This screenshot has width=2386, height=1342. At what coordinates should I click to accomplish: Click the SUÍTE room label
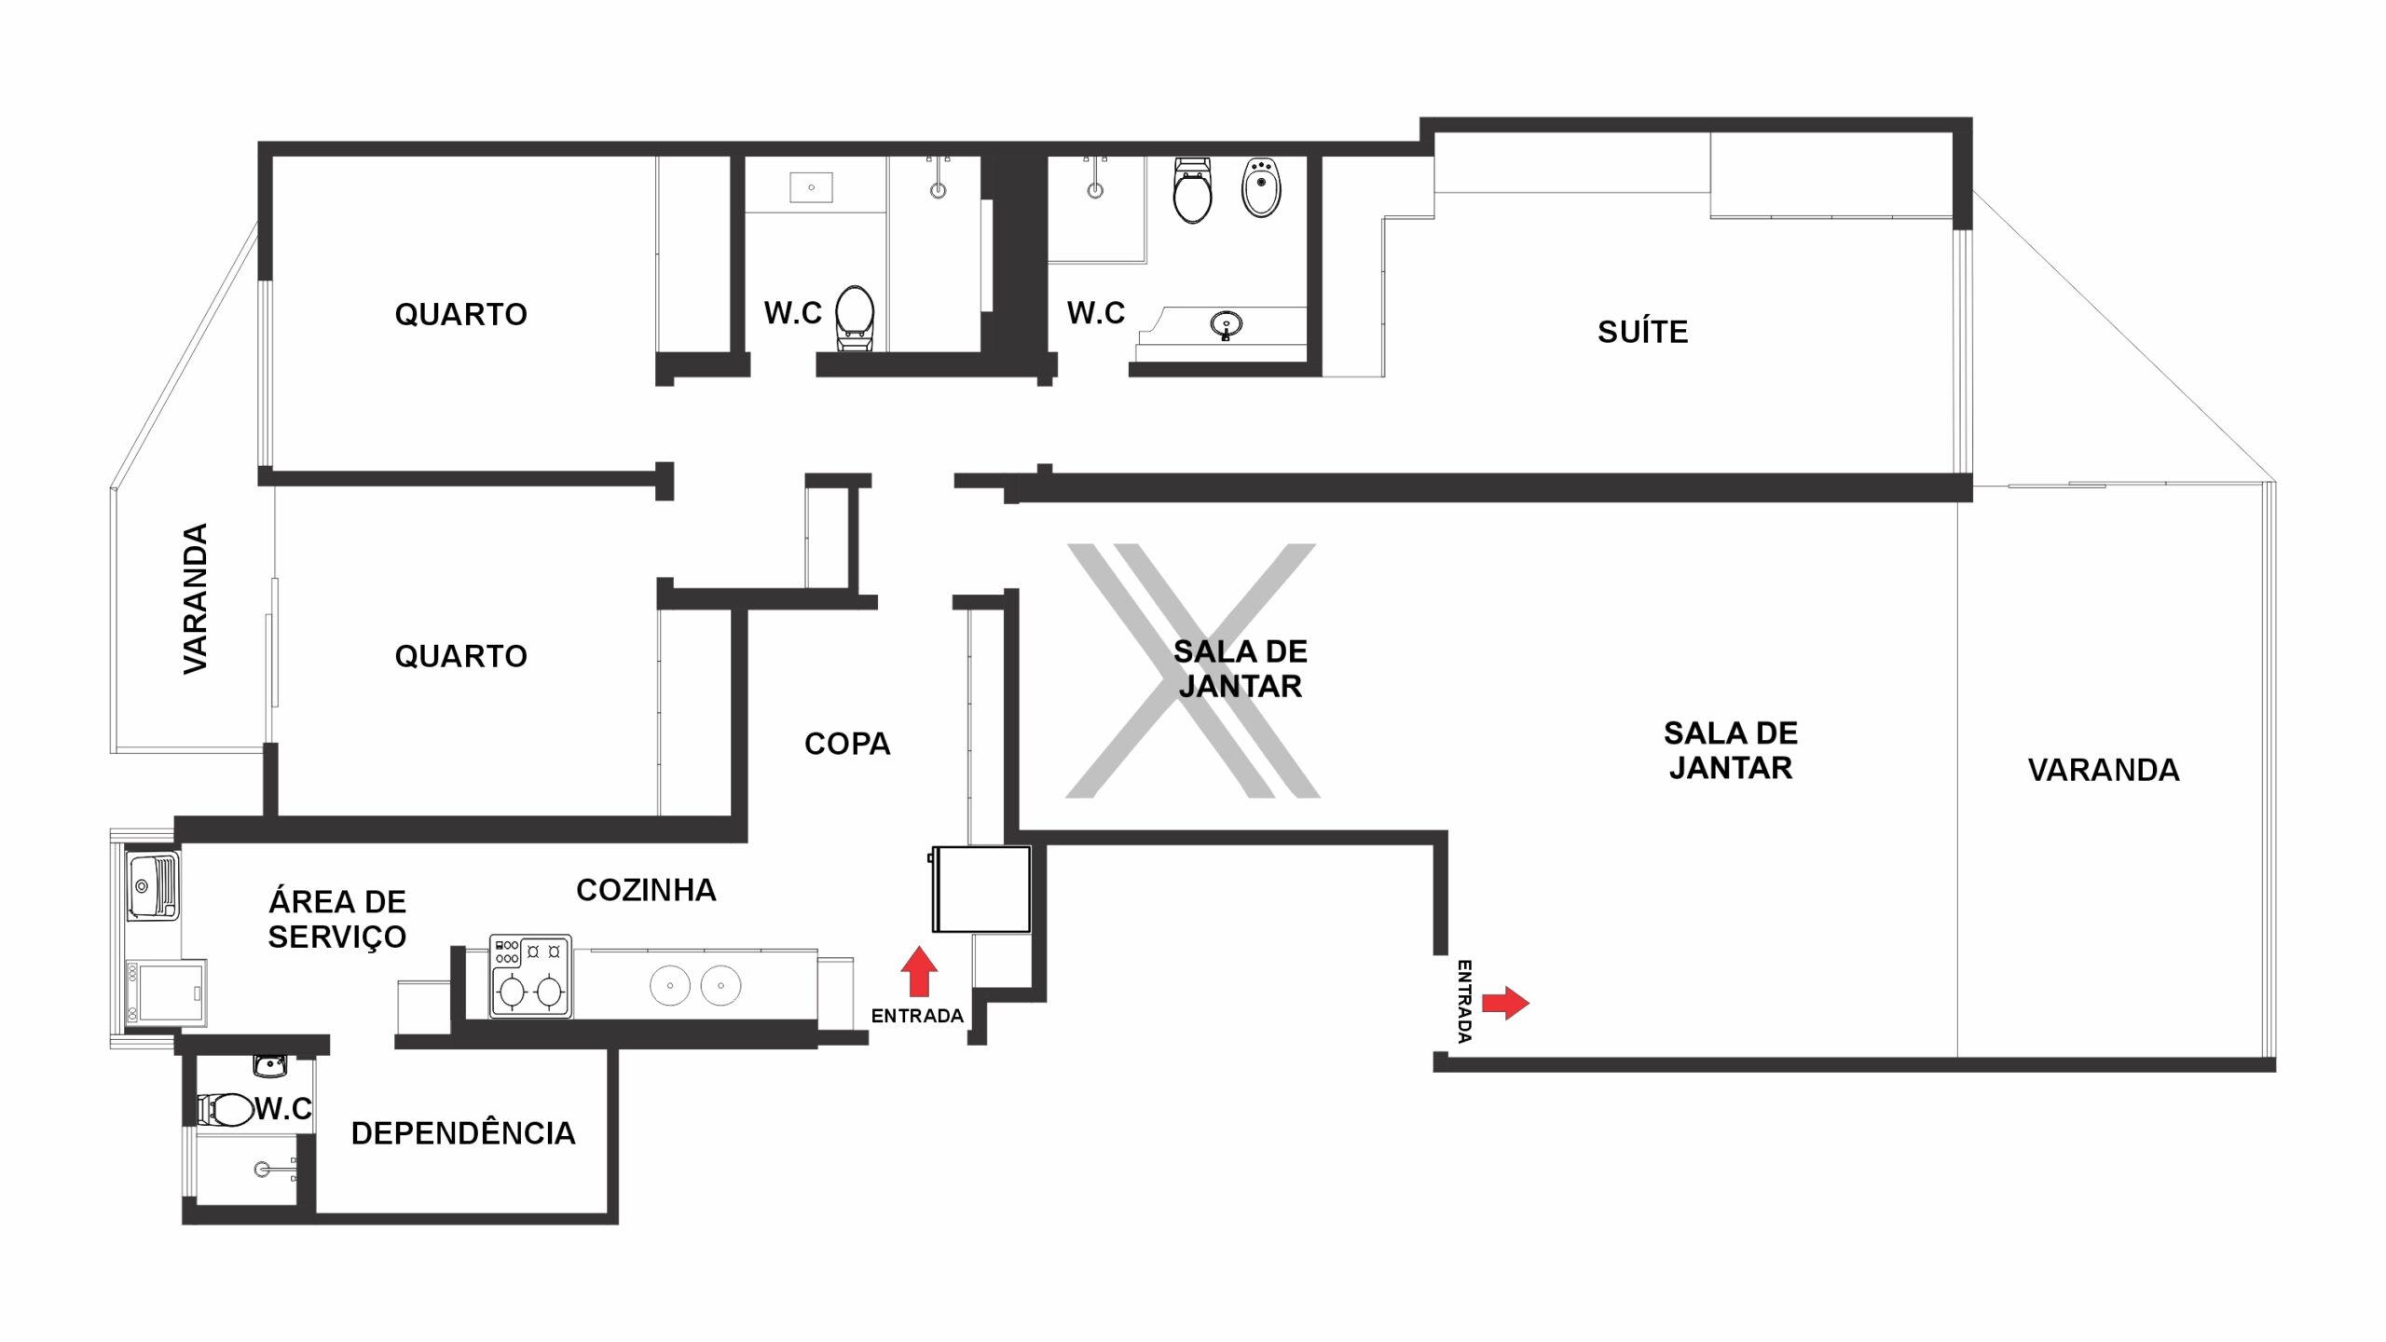pyautogui.click(x=1642, y=332)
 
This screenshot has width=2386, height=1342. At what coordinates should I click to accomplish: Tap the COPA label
pyautogui.click(x=847, y=744)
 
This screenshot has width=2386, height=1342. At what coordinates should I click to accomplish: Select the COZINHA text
pyautogui.click(x=646, y=890)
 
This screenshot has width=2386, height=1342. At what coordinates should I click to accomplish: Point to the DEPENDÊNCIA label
pyautogui.click(x=463, y=1133)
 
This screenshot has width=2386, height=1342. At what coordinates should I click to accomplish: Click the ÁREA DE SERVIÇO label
pyautogui.click(x=337, y=919)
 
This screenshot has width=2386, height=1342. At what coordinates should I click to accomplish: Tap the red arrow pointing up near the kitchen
pyautogui.click(x=919, y=972)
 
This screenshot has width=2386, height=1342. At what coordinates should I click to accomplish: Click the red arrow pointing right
pyautogui.click(x=1506, y=1003)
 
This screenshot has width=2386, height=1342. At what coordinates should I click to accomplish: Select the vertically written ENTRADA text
pyautogui.click(x=1463, y=1001)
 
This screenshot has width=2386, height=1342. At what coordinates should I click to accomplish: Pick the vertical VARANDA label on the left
pyautogui.click(x=195, y=598)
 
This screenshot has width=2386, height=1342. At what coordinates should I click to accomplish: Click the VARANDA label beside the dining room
pyautogui.click(x=2104, y=770)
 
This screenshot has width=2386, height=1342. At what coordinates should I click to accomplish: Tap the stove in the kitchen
pyautogui.click(x=530, y=977)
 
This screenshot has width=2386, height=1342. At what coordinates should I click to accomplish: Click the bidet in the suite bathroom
pyautogui.click(x=1261, y=187)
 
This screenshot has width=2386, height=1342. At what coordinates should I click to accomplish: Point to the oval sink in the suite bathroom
pyautogui.click(x=1226, y=325)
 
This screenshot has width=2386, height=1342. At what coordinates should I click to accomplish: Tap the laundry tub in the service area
pyautogui.click(x=153, y=885)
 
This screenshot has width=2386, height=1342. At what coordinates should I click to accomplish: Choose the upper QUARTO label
pyautogui.click(x=461, y=314)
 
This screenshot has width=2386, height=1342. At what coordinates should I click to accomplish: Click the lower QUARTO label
pyautogui.click(x=461, y=656)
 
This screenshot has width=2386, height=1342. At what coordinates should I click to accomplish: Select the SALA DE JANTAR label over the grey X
pyautogui.click(x=1240, y=669)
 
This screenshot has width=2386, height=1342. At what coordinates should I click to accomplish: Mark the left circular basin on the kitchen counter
pyautogui.click(x=670, y=985)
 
